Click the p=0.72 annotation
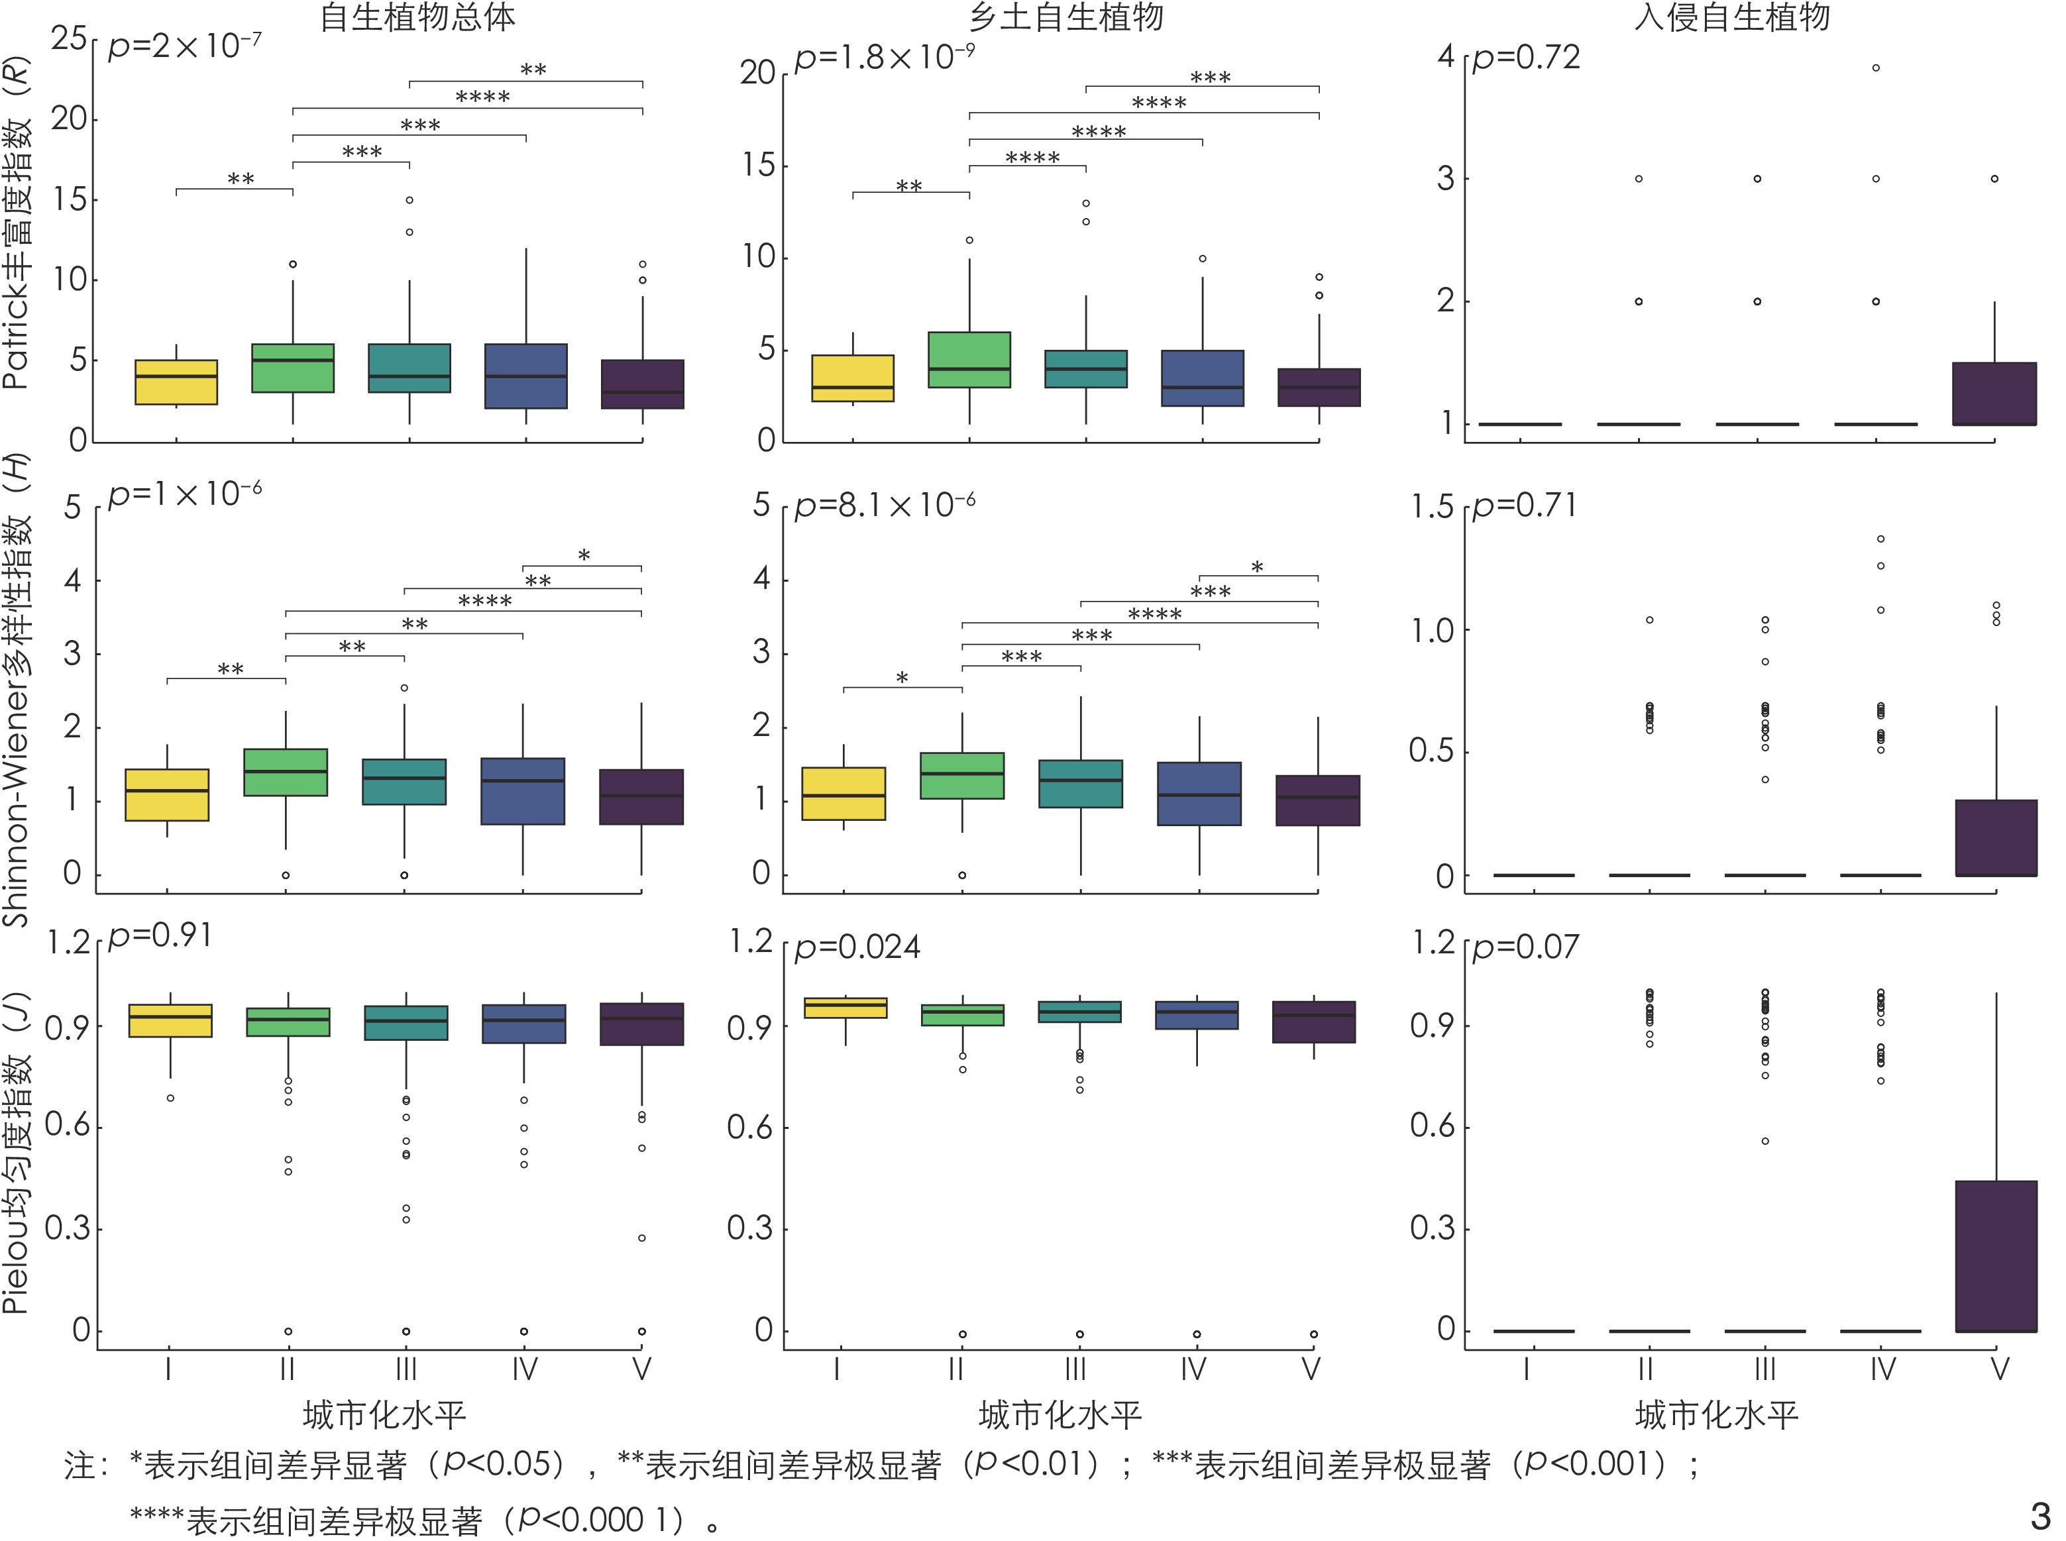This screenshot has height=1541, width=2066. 1527,58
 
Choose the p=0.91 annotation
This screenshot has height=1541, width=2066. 160,935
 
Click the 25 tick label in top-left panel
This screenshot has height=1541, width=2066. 69,39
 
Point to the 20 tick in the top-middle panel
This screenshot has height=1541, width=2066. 757,73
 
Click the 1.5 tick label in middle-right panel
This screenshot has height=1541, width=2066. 1432,507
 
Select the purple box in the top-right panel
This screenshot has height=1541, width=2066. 1994,394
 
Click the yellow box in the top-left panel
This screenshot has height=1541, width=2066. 176,382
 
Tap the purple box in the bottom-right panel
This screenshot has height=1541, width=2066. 1996,1255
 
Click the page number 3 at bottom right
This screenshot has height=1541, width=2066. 2040,1515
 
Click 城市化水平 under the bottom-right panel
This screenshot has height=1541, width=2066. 1716,1416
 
